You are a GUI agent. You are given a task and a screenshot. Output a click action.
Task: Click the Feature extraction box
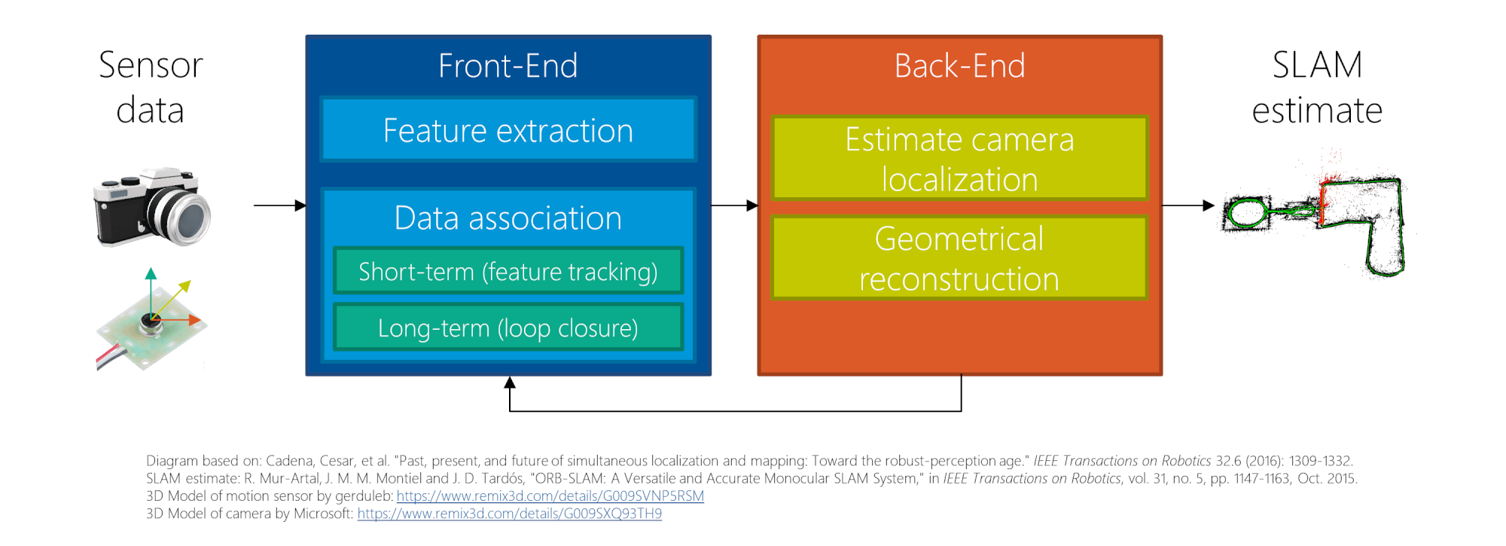pyautogui.click(x=508, y=130)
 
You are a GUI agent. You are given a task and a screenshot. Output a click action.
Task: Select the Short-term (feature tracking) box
pyautogui.click(x=508, y=271)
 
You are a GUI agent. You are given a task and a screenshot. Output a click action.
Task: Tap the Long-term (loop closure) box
pyautogui.click(x=508, y=328)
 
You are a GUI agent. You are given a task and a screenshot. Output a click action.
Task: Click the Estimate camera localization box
pyautogui.click(x=959, y=158)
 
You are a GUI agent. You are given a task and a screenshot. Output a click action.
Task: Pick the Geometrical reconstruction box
pyautogui.click(x=959, y=258)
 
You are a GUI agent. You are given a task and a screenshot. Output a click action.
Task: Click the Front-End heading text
pyautogui.click(x=508, y=66)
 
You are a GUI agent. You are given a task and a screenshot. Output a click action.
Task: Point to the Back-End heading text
pyautogui.click(x=959, y=66)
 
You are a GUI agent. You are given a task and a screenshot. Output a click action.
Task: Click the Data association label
pyautogui.click(x=508, y=218)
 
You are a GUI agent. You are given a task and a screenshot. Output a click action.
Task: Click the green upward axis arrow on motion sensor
pyautogui.click(x=151, y=274)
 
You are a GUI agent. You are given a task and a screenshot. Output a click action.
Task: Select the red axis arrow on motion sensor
pyautogui.click(x=194, y=320)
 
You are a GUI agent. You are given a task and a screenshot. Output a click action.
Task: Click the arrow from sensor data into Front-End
pyautogui.click(x=279, y=205)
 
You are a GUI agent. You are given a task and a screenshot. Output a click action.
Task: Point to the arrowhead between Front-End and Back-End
pyautogui.click(x=751, y=205)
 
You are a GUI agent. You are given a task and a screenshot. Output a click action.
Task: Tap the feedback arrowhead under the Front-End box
pyautogui.click(x=510, y=383)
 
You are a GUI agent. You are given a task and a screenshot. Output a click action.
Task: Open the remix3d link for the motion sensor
pyautogui.click(x=550, y=496)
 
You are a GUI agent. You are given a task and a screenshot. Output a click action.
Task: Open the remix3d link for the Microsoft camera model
pyautogui.click(x=510, y=514)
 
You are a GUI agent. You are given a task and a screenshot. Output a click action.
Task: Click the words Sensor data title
pyautogui.click(x=151, y=87)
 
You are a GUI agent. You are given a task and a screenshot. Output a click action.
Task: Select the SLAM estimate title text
pyautogui.click(x=1317, y=87)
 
